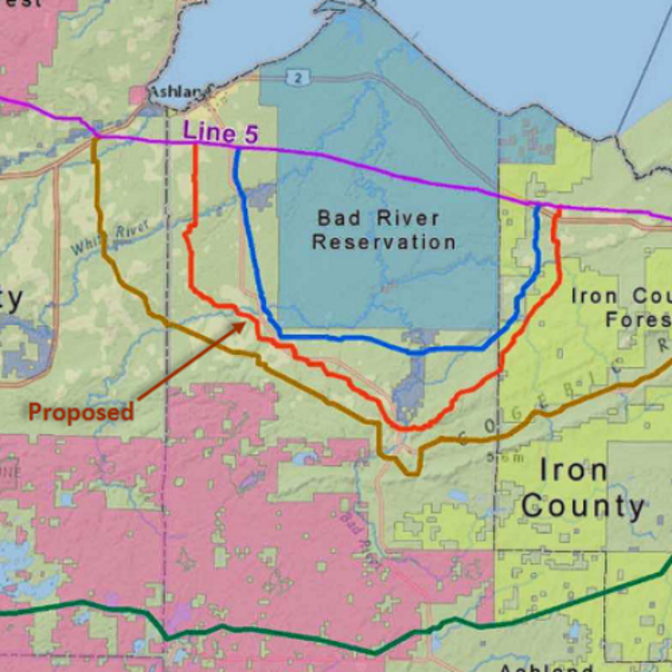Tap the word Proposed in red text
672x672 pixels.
coord(81,412)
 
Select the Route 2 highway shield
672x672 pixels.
coord(297,78)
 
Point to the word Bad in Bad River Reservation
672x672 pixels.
coord(334,218)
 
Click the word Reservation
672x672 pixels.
coord(384,242)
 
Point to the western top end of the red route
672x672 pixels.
coord(196,145)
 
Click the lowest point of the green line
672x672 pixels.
coord(375,644)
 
